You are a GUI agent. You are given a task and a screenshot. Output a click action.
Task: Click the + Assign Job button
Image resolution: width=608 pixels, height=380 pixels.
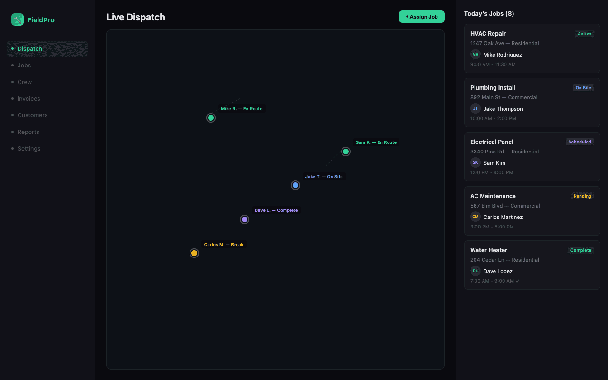tap(421, 17)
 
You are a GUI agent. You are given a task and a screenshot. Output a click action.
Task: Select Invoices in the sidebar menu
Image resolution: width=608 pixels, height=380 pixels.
tap(29, 99)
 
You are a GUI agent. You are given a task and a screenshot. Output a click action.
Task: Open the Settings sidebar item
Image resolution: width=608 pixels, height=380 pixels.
tap(29, 149)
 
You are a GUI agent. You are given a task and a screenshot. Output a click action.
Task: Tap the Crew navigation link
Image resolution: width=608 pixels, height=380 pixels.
tap(25, 82)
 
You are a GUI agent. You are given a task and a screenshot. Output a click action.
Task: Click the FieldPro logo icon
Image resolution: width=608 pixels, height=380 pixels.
tap(18, 19)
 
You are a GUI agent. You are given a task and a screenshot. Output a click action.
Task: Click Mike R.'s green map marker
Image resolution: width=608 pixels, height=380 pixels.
tap(211, 118)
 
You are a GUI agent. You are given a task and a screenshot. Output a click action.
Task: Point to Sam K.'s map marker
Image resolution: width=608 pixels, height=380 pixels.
tap(346, 152)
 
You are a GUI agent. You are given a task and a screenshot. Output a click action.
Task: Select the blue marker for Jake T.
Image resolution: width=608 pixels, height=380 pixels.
tap(295, 185)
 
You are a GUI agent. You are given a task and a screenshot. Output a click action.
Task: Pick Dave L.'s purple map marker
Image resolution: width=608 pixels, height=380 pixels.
tap(245, 219)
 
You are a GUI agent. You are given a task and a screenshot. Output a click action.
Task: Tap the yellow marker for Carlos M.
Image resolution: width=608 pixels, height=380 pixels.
tap(194, 253)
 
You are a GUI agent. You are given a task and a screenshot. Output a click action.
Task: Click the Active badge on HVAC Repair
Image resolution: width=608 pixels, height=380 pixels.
tap(584, 34)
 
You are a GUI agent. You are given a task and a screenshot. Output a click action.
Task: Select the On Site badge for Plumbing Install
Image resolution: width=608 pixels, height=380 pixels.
tap(583, 88)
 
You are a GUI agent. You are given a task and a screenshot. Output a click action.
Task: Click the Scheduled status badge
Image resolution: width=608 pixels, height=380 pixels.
tap(579, 142)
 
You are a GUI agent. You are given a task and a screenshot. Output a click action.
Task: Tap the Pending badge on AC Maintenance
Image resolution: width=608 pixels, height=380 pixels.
tap(582, 196)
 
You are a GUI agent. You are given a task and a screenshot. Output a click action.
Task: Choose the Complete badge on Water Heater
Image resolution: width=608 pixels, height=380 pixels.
tap(581, 250)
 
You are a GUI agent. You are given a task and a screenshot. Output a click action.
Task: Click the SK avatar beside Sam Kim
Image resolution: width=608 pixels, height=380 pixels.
tap(475, 162)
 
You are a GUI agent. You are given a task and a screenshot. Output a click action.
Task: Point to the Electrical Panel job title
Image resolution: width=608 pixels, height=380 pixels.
tap(492, 142)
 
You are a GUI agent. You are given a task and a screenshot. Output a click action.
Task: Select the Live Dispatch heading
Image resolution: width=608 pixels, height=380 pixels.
tap(136, 17)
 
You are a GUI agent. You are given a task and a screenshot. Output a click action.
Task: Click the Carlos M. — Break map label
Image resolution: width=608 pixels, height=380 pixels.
tap(224, 245)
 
